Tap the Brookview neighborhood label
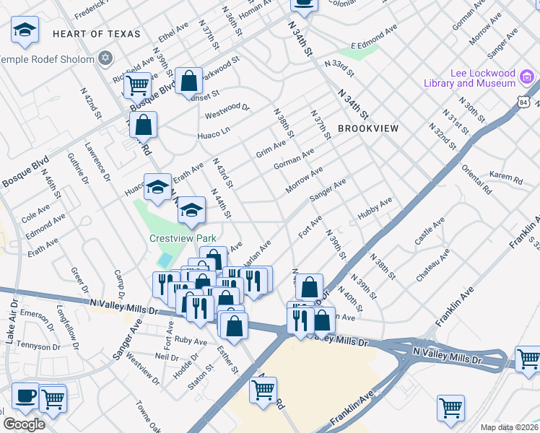[368, 128]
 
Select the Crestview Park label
[183, 237]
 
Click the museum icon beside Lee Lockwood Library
[527, 76]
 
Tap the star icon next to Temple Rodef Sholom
[105, 58]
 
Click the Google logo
[23, 424]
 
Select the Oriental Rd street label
[476, 180]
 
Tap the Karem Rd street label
[505, 178]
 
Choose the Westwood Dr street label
[227, 110]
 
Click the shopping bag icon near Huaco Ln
[144, 125]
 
